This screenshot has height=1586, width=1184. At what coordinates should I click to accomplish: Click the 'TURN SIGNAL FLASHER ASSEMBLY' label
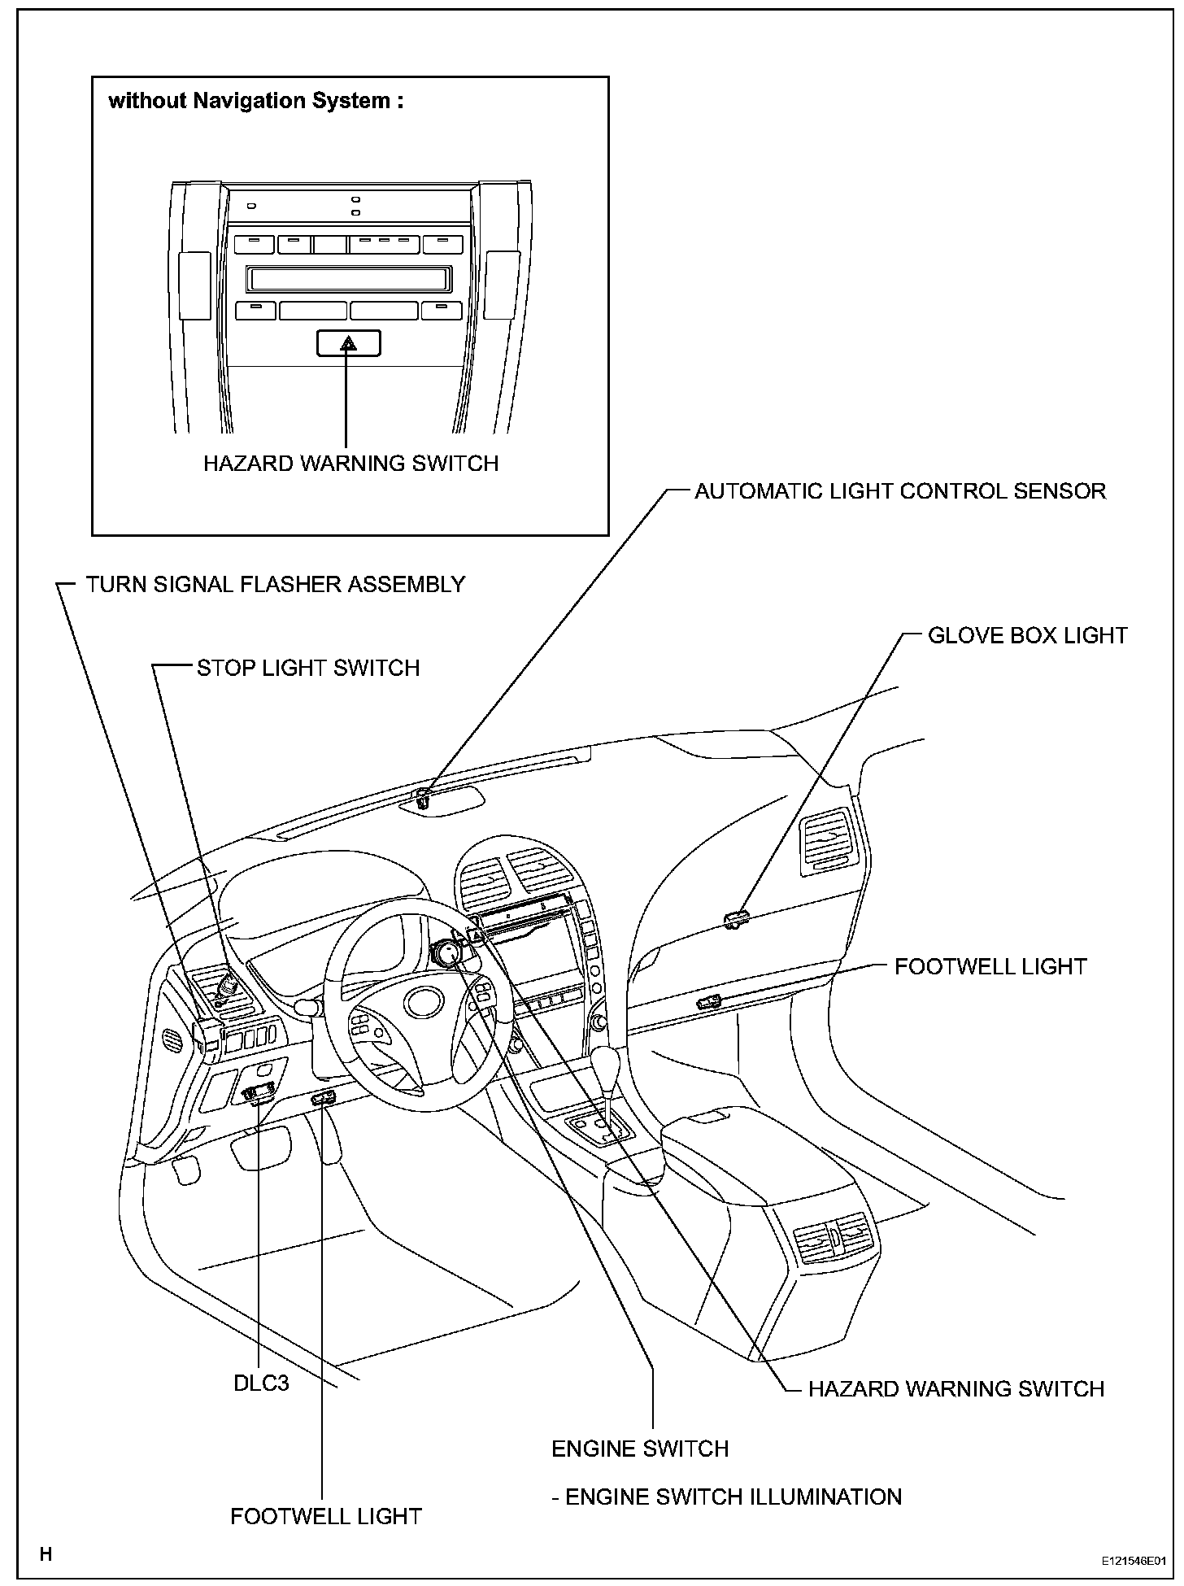(x=275, y=585)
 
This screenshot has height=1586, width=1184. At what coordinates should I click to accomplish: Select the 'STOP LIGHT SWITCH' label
(x=308, y=669)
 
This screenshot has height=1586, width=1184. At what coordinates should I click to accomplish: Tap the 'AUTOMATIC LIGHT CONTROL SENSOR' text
(x=899, y=491)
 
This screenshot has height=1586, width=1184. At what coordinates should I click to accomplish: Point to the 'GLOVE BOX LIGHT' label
(x=1027, y=636)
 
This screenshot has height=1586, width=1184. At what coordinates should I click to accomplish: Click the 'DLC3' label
(x=261, y=1383)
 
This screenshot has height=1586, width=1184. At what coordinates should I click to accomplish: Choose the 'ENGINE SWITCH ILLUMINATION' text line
(x=726, y=1497)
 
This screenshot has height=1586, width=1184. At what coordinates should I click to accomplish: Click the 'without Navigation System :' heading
(x=256, y=101)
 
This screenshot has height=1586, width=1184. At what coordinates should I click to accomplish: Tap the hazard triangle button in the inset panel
(x=348, y=344)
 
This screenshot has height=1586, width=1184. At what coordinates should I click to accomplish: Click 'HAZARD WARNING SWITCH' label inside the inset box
(x=350, y=464)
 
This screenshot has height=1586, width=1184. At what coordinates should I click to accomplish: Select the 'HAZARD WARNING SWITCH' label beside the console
(x=955, y=1389)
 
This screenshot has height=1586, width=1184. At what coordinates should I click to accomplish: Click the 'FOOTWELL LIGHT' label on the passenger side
(x=990, y=967)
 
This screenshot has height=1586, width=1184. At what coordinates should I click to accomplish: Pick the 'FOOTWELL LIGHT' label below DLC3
(x=325, y=1517)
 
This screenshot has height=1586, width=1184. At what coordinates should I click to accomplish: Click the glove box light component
(x=735, y=920)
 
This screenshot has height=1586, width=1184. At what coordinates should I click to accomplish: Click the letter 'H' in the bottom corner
(x=46, y=1555)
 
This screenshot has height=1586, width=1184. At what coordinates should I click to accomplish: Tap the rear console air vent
(x=834, y=1240)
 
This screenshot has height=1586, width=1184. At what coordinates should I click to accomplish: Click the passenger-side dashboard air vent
(x=829, y=846)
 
